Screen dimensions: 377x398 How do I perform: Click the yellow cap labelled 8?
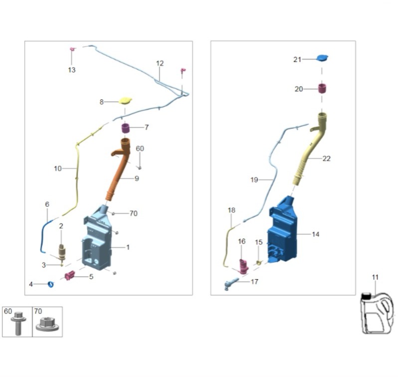pyautogui.click(x=126, y=101)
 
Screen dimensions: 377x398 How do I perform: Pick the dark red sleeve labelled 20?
pyautogui.click(x=323, y=89)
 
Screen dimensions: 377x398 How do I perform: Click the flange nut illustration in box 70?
pyautogui.click(x=48, y=325)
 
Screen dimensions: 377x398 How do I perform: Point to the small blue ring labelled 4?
pyautogui.click(x=50, y=284)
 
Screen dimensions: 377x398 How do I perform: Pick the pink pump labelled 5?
pyautogui.click(x=70, y=275)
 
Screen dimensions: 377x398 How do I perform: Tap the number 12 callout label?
pyautogui.click(x=160, y=63)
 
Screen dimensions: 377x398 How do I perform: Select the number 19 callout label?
pyautogui.click(x=254, y=180)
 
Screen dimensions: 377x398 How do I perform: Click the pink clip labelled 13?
pyautogui.click(x=72, y=49)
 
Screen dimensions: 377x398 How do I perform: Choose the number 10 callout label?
pyautogui.click(x=58, y=169)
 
